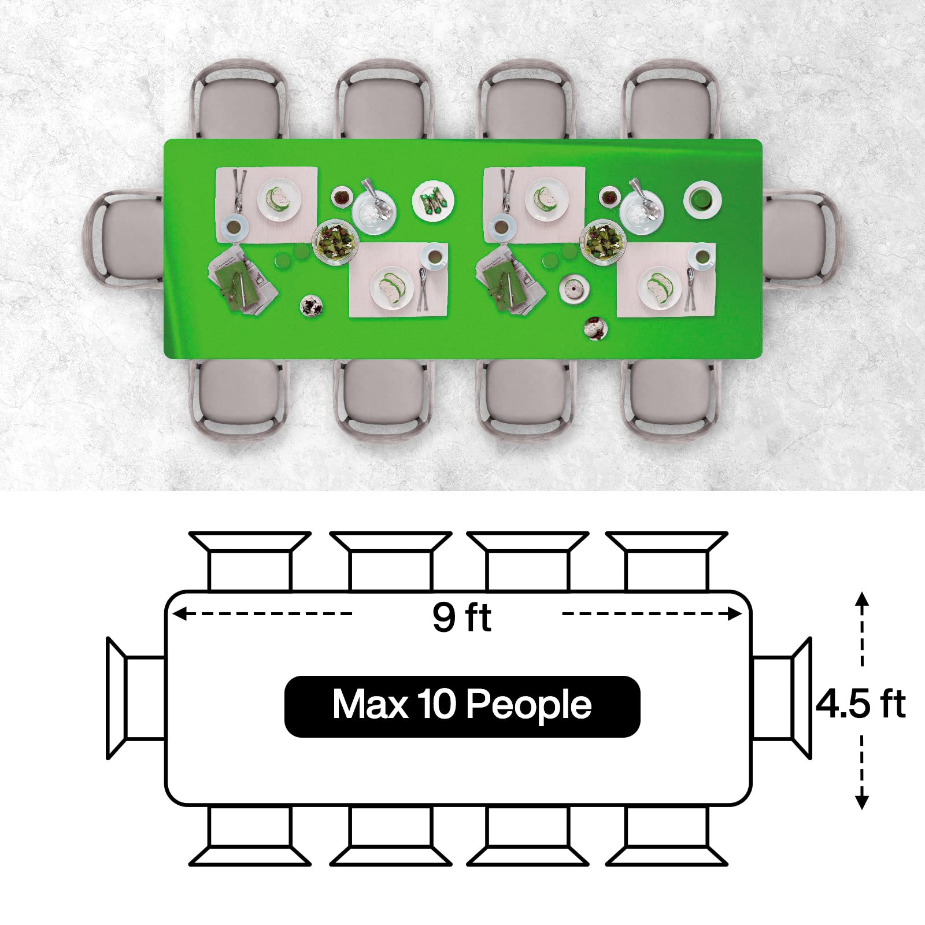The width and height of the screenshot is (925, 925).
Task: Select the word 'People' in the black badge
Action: click(528, 706)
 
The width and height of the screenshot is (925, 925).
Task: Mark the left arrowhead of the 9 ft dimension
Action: click(179, 613)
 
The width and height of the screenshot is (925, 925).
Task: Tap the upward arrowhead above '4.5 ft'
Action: click(862, 599)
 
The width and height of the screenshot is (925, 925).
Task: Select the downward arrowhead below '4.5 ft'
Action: click(862, 801)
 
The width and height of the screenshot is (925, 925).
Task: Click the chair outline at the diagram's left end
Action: click(136, 698)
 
